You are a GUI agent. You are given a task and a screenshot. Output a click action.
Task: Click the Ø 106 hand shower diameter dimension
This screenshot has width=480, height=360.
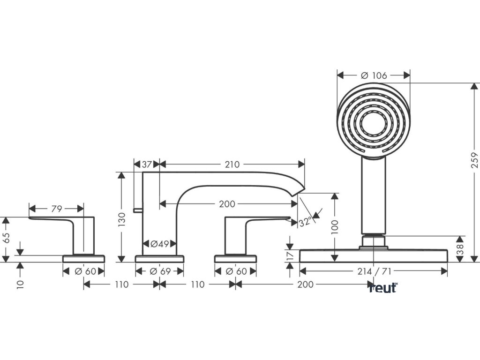click(374, 75)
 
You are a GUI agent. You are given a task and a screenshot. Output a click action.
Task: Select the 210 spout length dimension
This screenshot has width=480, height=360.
click(232, 164)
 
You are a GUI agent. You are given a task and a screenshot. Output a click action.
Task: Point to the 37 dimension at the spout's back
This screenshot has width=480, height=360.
click(147, 164)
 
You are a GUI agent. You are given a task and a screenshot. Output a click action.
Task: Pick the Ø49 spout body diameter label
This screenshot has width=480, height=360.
click(159, 243)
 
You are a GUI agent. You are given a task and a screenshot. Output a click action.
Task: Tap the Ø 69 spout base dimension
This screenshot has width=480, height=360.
click(159, 271)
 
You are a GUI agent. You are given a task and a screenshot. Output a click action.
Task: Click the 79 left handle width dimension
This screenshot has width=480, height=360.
click(56, 209)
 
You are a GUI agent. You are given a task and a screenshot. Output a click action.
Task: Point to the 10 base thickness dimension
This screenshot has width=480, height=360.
click(20, 284)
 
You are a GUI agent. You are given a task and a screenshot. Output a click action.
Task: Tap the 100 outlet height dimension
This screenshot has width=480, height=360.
click(334, 227)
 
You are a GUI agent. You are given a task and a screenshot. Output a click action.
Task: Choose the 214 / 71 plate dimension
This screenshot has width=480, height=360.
click(373, 271)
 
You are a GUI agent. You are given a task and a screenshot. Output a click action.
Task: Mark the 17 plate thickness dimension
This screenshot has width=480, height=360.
click(290, 255)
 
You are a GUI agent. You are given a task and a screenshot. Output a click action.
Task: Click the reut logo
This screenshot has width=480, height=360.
click(382, 288)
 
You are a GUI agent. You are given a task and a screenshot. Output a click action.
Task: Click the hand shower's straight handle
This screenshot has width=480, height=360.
click(374, 197)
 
